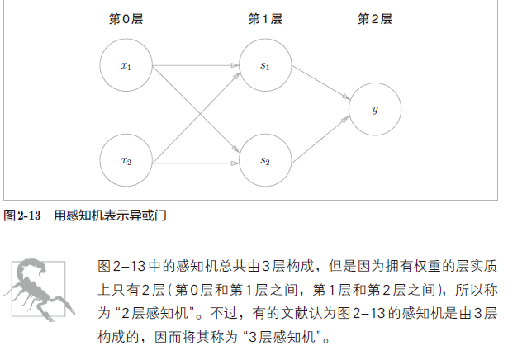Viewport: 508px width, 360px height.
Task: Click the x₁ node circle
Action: tap(126, 65)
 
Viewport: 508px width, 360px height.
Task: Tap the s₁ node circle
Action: tap(265, 65)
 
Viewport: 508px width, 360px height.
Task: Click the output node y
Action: tap(375, 109)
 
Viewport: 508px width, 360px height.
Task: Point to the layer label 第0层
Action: tap(126, 18)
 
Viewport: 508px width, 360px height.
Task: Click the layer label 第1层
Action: tap(265, 18)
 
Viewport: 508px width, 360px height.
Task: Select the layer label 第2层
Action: tap(374, 18)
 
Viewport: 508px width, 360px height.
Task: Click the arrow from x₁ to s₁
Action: tap(196, 65)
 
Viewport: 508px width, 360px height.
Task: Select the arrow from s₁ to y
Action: tap(320, 85)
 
